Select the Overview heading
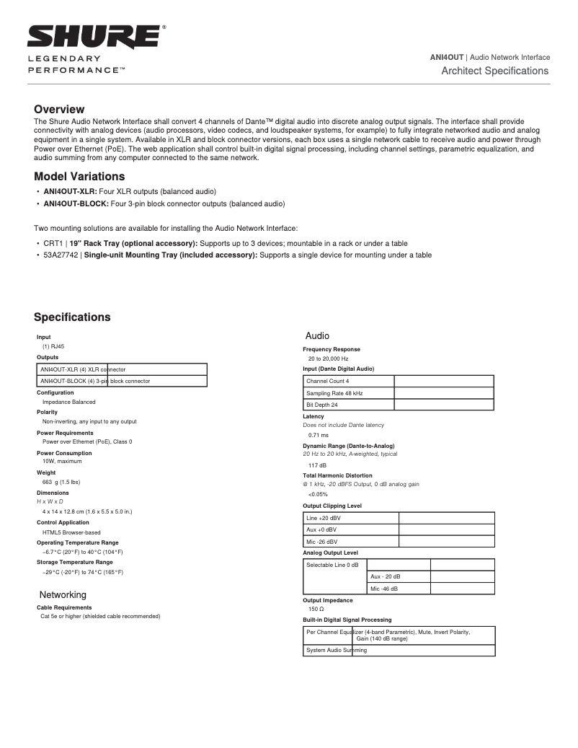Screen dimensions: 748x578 [x=59, y=110]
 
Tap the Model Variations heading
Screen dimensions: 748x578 [x=79, y=177]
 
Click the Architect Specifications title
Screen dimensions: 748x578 [x=494, y=71]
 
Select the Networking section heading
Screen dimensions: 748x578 [x=63, y=595]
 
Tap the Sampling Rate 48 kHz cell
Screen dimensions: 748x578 [x=334, y=393]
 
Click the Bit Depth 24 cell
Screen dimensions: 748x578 [x=322, y=405]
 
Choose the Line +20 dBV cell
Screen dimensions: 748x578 [x=324, y=518]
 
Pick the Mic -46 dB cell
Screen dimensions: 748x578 [x=384, y=589]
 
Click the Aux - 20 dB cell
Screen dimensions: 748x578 [x=386, y=576]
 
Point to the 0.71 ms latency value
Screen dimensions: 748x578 [x=318, y=435]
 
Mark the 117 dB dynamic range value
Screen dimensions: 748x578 [x=317, y=465]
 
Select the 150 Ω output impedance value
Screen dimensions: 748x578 [x=316, y=610]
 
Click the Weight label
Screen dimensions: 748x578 [x=46, y=472]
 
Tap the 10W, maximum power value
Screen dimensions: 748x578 [x=62, y=461]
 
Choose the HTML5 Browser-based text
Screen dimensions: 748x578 [x=71, y=532]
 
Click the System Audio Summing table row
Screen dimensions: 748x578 [x=337, y=650]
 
